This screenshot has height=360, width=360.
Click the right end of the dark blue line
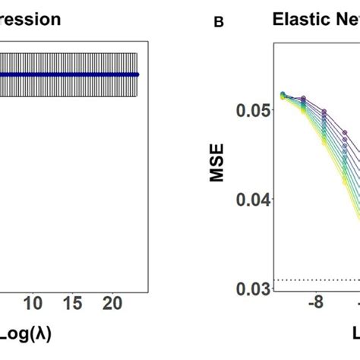pos(137,74)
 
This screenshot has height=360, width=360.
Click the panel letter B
pos(219,23)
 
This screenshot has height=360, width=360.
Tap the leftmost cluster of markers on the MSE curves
pos(283,96)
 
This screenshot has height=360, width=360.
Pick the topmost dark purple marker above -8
pos(304,99)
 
